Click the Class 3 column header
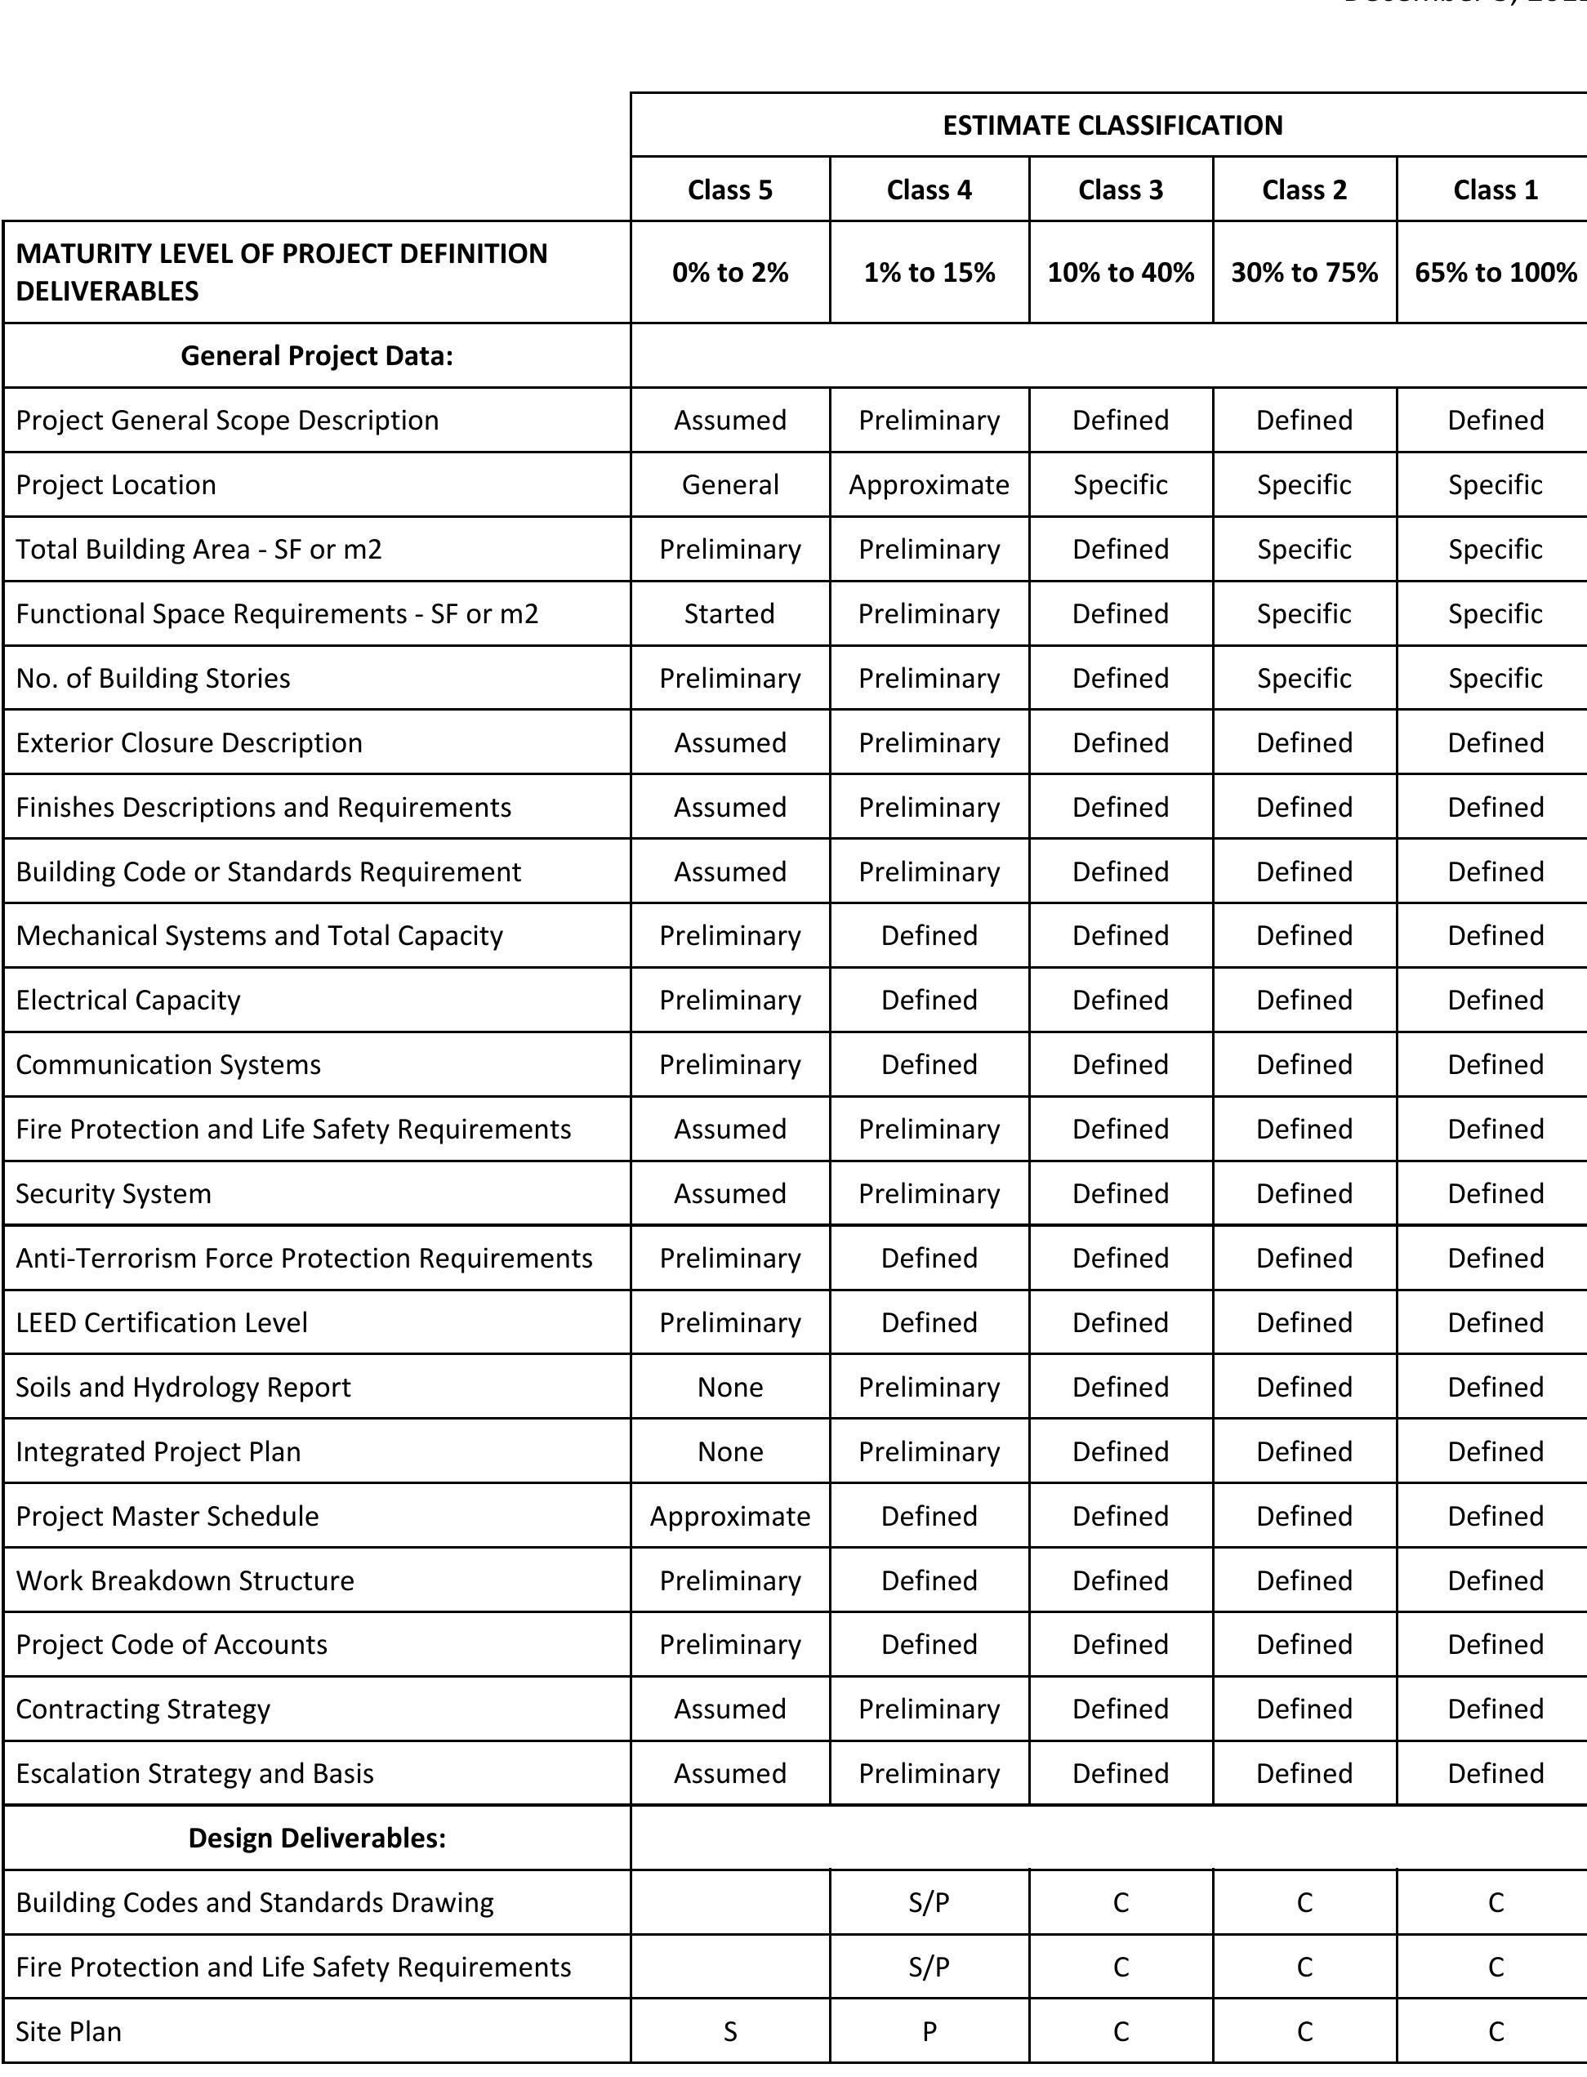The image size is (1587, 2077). [x=1121, y=189]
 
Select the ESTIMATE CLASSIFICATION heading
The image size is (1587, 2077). [x=1112, y=126]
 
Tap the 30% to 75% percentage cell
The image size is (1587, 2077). [x=1304, y=273]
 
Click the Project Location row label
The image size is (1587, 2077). [x=116, y=484]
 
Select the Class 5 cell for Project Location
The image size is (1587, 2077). [x=729, y=484]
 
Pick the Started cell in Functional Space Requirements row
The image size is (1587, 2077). [x=729, y=614]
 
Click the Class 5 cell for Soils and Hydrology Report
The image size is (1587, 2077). [x=729, y=1387]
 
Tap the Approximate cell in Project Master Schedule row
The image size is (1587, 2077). [x=729, y=1516]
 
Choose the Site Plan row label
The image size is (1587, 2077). [x=69, y=2030]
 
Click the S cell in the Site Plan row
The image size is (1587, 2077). [x=729, y=2030]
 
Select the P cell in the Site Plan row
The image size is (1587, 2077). [x=929, y=2030]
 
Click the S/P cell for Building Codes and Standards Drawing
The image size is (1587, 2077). [x=929, y=1902]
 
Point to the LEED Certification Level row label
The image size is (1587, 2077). [x=162, y=1322]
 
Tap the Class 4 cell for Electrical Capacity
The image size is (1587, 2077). [x=929, y=1001]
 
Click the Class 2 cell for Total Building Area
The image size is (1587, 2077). [x=1304, y=550]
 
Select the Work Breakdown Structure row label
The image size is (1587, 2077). [x=185, y=1580]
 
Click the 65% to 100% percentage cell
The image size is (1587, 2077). [x=1496, y=273]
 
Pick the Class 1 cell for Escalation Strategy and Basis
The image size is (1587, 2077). [x=1496, y=1773]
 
